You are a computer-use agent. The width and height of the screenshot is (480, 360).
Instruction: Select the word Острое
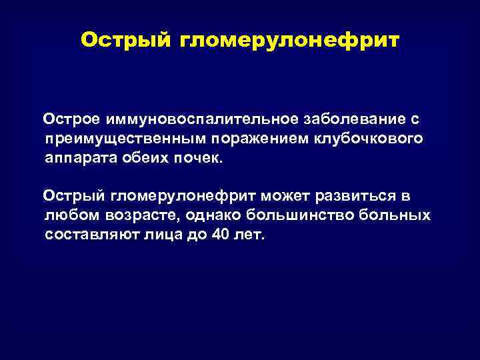72,119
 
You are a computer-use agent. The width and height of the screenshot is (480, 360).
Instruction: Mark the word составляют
89,236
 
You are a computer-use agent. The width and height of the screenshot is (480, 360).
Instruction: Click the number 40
219,236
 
